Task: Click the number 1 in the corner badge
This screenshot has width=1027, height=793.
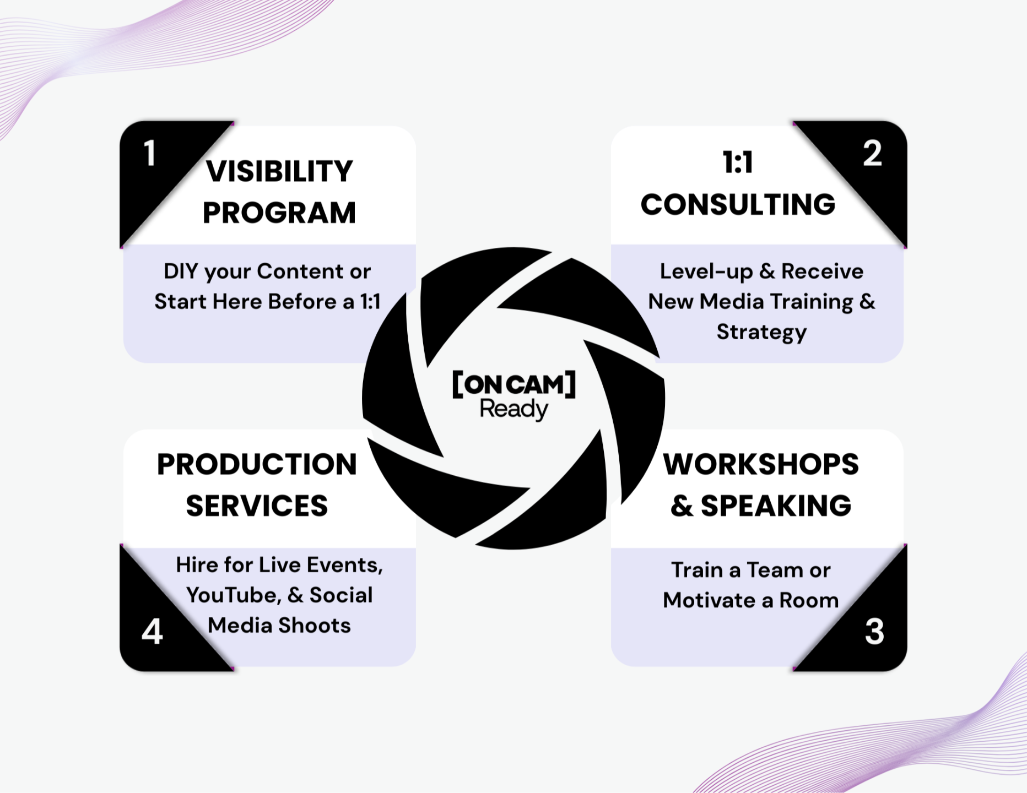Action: point(149,153)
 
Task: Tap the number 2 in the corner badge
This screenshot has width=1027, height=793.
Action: point(872,153)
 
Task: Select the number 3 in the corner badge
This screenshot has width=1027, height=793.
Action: point(874,631)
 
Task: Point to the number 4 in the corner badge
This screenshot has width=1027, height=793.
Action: point(152,631)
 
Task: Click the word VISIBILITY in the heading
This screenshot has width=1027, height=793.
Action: point(279,171)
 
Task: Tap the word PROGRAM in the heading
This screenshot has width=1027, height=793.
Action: point(279,213)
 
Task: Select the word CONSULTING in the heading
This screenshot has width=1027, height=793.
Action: point(738,204)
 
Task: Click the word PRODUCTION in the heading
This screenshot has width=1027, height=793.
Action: point(257,464)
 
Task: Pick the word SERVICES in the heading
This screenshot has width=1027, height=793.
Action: point(257,506)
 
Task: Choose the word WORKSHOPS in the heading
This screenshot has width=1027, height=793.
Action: point(761,464)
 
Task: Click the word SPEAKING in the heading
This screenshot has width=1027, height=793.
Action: point(776,506)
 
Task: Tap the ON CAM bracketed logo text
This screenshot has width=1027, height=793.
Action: point(513,384)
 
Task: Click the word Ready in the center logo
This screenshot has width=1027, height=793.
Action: point(513,409)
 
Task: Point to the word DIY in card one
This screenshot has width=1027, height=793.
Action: point(180,271)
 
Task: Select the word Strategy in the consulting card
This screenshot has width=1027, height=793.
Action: point(761,332)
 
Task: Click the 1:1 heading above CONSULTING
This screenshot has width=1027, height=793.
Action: point(738,163)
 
